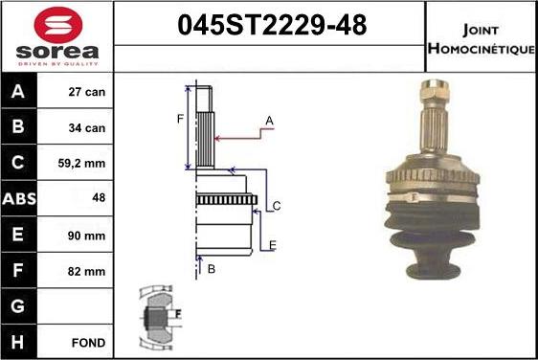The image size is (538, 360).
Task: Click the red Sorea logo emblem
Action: [58, 25]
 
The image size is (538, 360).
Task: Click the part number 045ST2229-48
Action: [272, 25]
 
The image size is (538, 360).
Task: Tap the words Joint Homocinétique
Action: [482, 39]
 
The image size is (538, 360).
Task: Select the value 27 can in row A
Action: [86, 92]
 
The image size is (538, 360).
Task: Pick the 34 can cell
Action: [86, 128]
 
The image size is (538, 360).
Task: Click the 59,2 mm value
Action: [81, 164]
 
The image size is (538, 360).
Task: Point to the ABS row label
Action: [19, 198]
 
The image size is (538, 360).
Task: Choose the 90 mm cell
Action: [86, 236]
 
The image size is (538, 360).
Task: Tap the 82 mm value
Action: [86, 272]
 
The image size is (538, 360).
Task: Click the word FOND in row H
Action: [88, 343]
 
